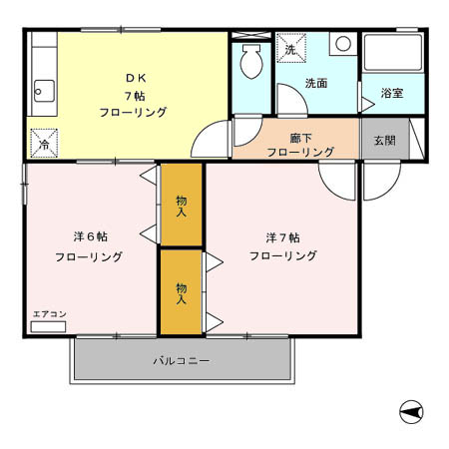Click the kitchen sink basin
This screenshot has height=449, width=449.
click(41, 91)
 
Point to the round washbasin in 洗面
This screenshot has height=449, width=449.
click(341, 44)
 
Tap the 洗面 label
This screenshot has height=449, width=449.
click(316, 84)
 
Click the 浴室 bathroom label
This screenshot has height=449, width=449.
click(392, 94)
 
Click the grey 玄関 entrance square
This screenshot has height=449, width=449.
click(384, 141)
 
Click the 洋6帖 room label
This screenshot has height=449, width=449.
click(90, 236)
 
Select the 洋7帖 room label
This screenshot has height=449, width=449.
click(283, 237)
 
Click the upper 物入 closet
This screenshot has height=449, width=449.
click(181, 205)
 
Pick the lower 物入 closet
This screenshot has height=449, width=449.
click(181, 292)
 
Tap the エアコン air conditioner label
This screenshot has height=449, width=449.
click(49, 316)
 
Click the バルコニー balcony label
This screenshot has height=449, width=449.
click(181, 360)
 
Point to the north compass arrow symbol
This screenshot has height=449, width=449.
click(408, 410)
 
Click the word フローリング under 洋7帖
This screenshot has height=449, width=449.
click(283, 256)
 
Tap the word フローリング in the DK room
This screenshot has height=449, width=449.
click(133, 113)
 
